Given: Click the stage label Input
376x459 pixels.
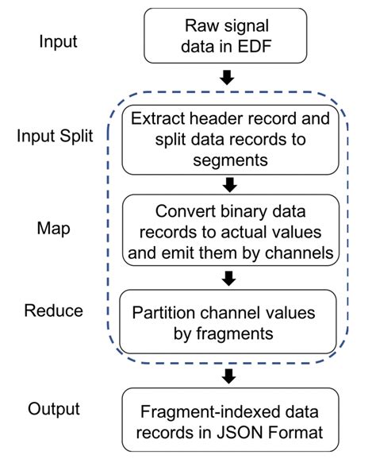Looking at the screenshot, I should coord(58,40).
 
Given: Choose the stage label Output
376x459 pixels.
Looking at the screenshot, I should coord(55,409).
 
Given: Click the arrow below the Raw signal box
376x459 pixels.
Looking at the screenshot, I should coord(228,78).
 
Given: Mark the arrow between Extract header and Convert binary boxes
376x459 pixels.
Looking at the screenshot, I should coord(230,185).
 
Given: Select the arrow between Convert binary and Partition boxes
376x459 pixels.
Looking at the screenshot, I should coord(230,279).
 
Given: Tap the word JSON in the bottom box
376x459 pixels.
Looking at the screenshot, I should coord(246,434).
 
